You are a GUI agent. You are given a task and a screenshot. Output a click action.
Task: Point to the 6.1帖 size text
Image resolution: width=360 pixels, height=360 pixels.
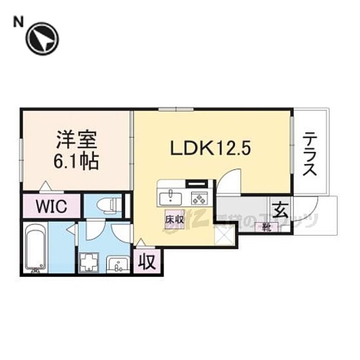tap(77, 162)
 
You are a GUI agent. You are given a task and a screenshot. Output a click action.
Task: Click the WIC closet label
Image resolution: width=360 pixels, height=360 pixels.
tap(51, 207)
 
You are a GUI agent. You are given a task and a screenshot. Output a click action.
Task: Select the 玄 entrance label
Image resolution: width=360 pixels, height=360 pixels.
tap(280, 211)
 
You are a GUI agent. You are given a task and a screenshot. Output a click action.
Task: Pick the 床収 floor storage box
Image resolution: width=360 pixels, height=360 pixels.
tap(171, 219)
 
